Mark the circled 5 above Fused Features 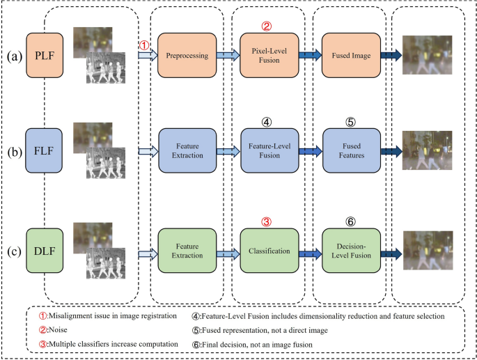[x=351, y=121]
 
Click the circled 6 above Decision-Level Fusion [x=351, y=221]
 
